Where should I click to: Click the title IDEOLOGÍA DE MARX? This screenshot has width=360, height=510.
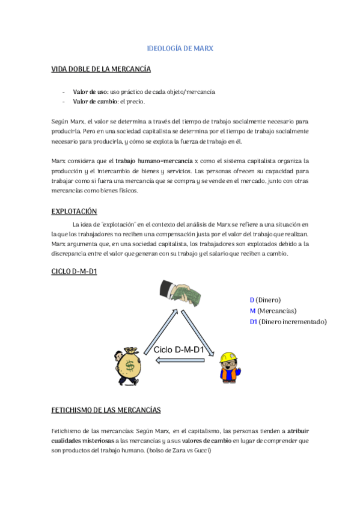(180, 48)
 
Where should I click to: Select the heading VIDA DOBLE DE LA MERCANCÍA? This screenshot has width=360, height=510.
(101, 69)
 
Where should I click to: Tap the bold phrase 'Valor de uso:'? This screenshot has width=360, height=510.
(91, 91)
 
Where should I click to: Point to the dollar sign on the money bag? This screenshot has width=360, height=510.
(129, 367)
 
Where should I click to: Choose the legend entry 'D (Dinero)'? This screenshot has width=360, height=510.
(265, 300)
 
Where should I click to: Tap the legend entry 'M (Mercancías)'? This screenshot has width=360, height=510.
(273, 310)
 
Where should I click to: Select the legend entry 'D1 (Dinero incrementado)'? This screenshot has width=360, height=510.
(288, 322)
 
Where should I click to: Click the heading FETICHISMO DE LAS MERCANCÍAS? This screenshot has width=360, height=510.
(107, 410)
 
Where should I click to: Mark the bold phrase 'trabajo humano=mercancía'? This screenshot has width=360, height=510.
(154, 161)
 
